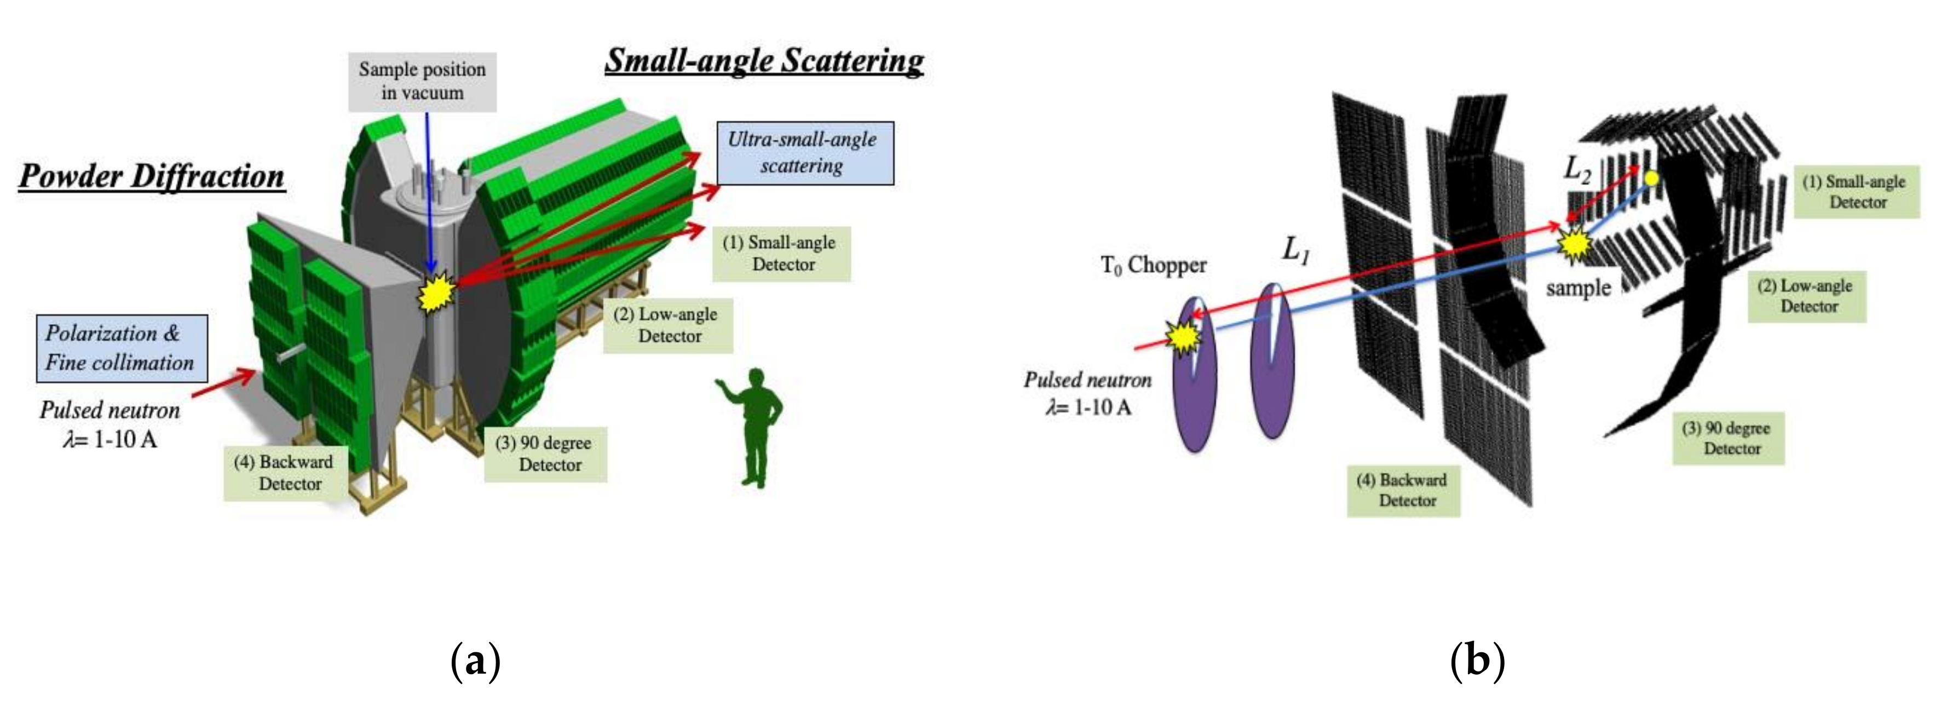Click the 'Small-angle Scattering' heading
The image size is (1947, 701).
click(x=764, y=60)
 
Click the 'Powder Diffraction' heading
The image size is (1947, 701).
click(x=151, y=176)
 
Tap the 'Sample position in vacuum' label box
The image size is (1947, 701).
click(x=422, y=81)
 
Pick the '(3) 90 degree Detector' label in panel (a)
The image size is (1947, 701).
click(x=545, y=453)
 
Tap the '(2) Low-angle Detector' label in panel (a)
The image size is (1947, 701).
click(x=667, y=325)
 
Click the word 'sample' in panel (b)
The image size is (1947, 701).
click(x=1578, y=288)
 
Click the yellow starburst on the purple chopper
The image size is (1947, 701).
click(x=1183, y=335)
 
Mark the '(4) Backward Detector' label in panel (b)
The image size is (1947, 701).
click(x=1403, y=490)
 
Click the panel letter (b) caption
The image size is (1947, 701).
click(x=1477, y=660)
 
